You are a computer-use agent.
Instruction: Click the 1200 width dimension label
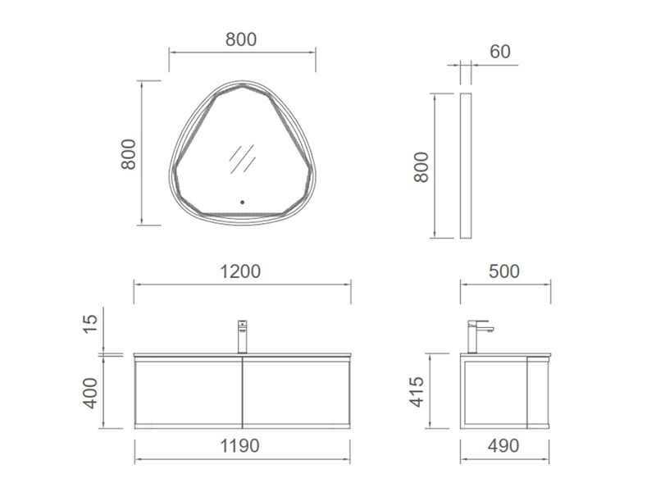point(240,271)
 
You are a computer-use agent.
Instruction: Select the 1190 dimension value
point(239,445)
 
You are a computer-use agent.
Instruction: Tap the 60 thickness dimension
point(500,52)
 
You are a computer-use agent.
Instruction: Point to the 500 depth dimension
point(504,271)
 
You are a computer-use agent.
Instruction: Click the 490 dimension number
point(503,445)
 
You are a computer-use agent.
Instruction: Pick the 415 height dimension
point(417,392)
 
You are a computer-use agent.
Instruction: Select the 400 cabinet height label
point(90,393)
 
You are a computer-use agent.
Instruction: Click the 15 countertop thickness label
point(90,323)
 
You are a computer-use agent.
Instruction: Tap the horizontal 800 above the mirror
point(241,39)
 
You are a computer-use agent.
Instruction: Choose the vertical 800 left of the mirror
point(129,154)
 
